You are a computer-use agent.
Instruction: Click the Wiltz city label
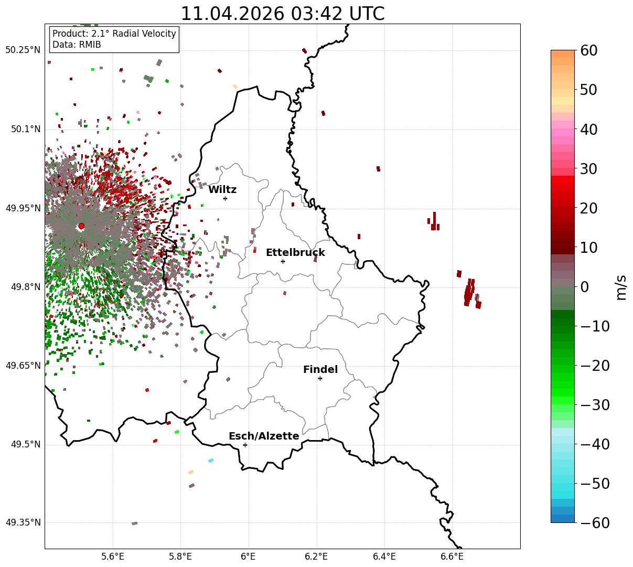[x=222, y=189]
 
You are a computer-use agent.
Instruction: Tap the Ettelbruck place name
[x=295, y=252]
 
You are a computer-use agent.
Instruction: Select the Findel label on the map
[x=320, y=369]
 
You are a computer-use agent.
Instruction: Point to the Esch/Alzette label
[x=264, y=436]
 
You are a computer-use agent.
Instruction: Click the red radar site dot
[x=81, y=226]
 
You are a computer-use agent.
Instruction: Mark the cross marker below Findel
[x=320, y=379]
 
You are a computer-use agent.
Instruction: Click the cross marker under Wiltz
[x=225, y=198]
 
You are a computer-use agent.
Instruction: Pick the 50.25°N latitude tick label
[x=23, y=50]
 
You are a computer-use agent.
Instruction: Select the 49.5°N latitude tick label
[x=26, y=444]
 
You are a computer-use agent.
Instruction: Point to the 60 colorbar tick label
[x=588, y=50]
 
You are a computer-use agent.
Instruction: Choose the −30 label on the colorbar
[x=595, y=405]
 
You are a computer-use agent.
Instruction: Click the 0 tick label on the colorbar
[x=585, y=287]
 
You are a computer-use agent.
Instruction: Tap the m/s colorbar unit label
[x=621, y=287]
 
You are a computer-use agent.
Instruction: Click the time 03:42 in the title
[x=317, y=14]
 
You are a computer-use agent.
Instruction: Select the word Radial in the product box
[x=127, y=34]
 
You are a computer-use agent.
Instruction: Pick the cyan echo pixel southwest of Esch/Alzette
[x=211, y=461]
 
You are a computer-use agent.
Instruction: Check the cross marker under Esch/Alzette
[x=245, y=445]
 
